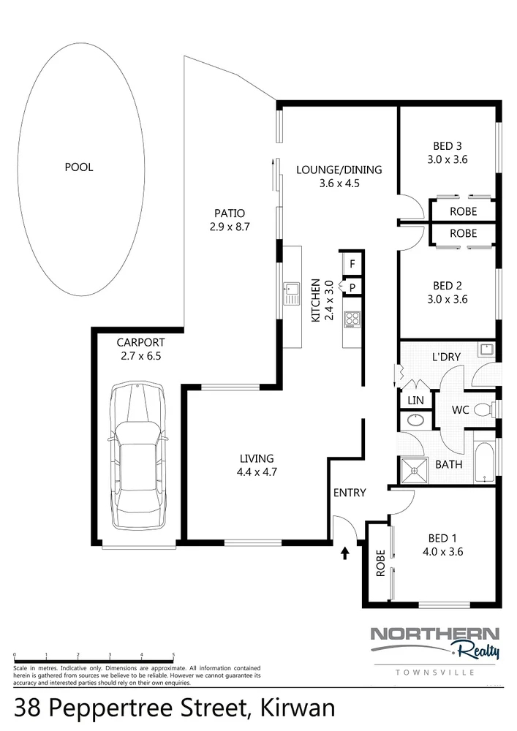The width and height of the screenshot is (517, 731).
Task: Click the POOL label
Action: (79, 167)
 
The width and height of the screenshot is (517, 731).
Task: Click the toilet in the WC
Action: (483, 410)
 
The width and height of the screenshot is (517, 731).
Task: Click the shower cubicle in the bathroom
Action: (414, 470)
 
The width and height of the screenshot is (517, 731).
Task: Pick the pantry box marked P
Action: (352, 287)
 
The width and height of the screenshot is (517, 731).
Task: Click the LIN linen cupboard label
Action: (414, 401)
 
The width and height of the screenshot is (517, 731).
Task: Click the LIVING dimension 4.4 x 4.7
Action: (257, 471)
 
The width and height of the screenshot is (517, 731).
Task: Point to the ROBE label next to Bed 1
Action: (380, 564)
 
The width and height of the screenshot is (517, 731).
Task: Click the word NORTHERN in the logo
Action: (434, 635)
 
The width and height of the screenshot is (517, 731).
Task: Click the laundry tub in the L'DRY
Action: (484, 349)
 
